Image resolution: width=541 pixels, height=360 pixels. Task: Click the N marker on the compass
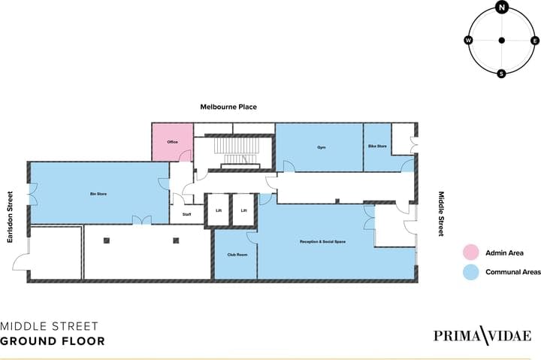point(502,7)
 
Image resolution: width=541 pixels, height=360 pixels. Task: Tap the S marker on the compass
point(501,74)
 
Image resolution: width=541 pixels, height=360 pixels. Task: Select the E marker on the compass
point(535,41)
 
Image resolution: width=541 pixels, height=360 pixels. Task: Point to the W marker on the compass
point(468,41)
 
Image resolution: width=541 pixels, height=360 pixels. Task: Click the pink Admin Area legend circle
point(470,253)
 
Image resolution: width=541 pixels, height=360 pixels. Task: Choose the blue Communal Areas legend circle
point(470,272)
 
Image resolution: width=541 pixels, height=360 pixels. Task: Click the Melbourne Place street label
point(228,107)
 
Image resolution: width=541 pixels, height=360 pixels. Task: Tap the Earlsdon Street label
point(10,217)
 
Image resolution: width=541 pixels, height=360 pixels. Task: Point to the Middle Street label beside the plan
point(440,213)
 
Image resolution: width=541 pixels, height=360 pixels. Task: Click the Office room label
point(173,142)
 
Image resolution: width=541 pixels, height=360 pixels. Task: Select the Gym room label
point(322,147)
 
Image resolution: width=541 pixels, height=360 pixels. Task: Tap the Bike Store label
point(377,146)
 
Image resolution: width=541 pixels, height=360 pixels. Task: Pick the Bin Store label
point(98,194)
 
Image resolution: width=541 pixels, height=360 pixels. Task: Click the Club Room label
point(237,255)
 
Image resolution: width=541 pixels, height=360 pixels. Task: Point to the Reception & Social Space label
point(322,241)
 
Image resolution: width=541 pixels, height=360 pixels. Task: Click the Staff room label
point(186,214)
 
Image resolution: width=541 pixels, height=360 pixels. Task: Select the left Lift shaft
point(219,210)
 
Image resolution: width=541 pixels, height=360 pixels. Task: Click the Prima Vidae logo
point(482,335)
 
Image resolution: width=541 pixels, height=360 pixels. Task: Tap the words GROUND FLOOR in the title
point(53,341)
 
